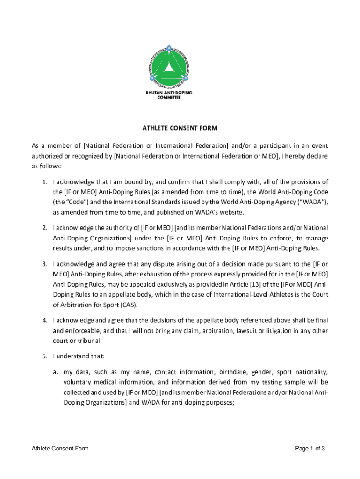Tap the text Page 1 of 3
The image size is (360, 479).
pyautogui.click(x=310, y=449)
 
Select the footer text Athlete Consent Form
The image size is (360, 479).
pyautogui.click(x=60, y=449)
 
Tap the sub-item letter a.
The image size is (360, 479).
pyautogui.click(x=55, y=372)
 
